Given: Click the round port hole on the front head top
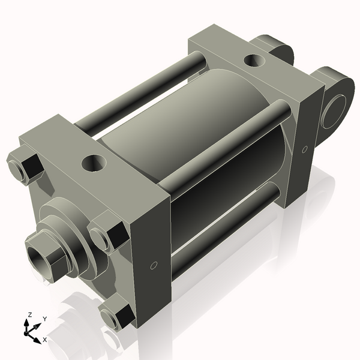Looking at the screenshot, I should click(x=93, y=162).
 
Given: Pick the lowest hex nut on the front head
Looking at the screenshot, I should click(x=117, y=314).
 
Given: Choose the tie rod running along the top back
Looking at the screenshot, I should click(x=144, y=90).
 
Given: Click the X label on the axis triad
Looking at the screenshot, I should click(x=44, y=340).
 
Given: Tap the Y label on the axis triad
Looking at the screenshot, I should click(x=44, y=319).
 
